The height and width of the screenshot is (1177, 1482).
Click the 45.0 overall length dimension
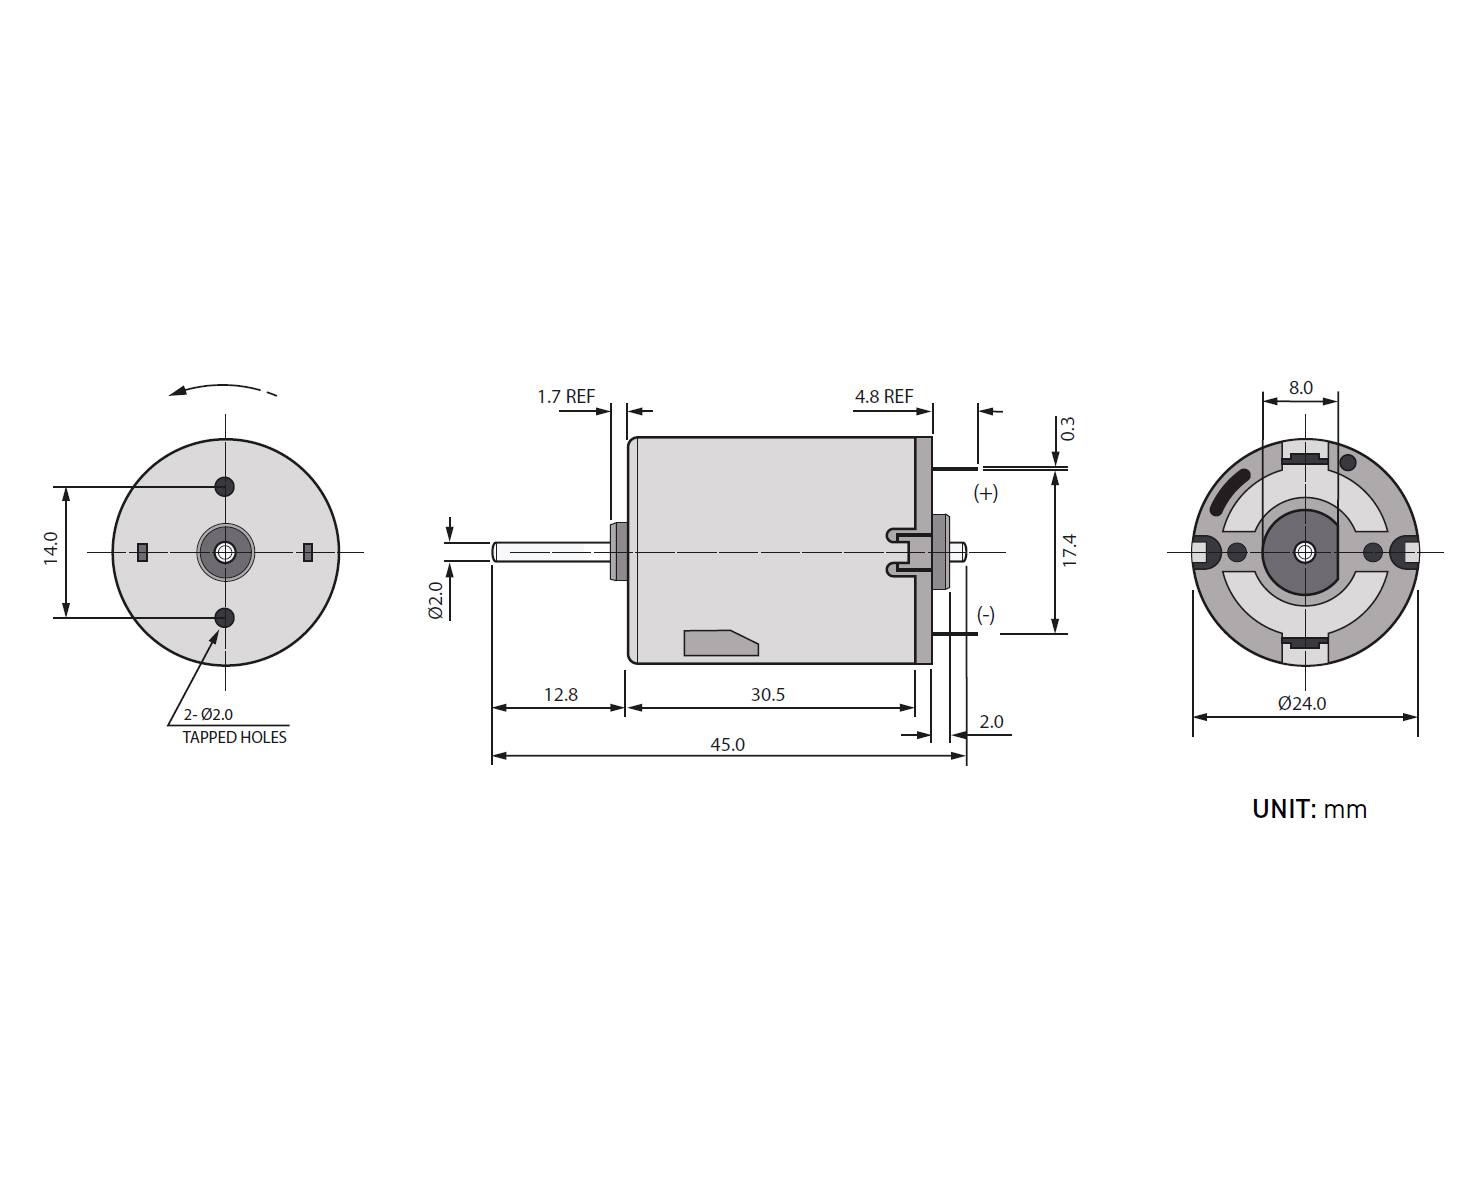pyautogui.click(x=727, y=744)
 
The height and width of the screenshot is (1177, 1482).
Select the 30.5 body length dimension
pyautogui.click(x=767, y=694)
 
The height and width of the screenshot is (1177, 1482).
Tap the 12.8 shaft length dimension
pyautogui.click(x=561, y=694)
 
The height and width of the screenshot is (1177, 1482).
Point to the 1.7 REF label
pyautogui.click(x=565, y=397)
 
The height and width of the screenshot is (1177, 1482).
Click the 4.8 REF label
pyautogui.click(x=884, y=397)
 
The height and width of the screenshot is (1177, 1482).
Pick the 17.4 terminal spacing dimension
pyautogui.click(x=1069, y=550)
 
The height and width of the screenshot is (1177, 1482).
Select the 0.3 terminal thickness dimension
pyautogui.click(x=1067, y=428)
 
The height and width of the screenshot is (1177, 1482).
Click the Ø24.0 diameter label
pyautogui.click(x=1302, y=703)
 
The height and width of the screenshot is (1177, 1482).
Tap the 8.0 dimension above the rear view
pyautogui.click(x=1300, y=388)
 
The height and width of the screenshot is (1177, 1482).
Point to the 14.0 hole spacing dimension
pyautogui.click(x=51, y=548)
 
